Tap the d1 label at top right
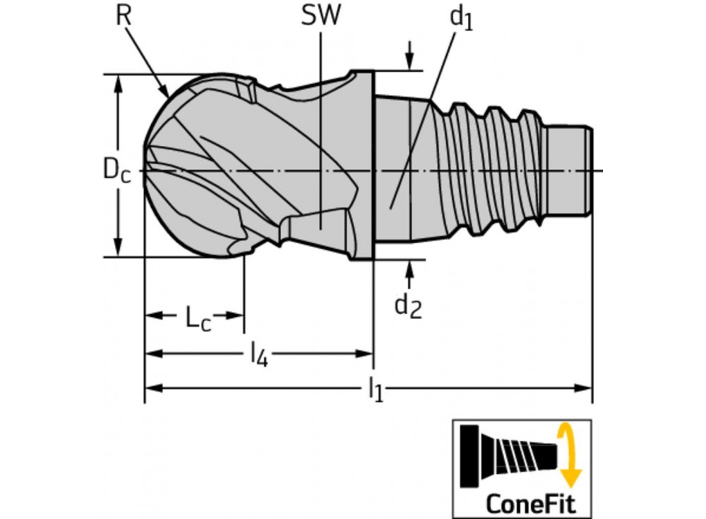[x=462, y=19]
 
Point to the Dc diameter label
[x=116, y=171]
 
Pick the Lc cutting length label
[x=198, y=319]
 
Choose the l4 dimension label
[x=260, y=353]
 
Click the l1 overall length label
[x=376, y=389]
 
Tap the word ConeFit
[x=531, y=503]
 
